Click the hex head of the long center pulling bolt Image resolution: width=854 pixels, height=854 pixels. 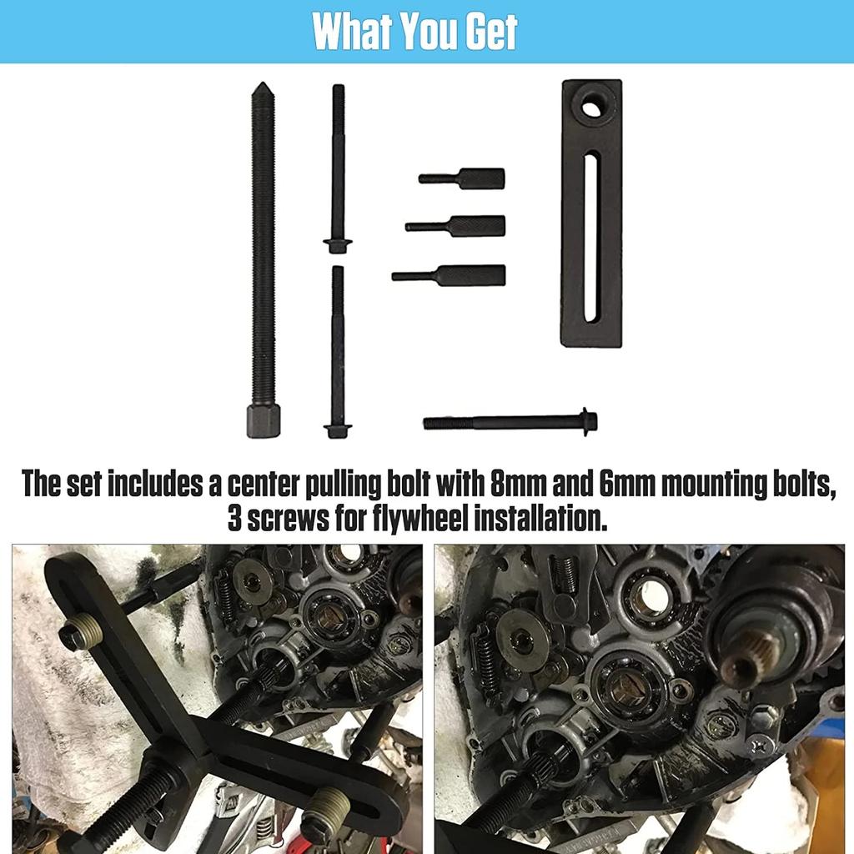[263, 421]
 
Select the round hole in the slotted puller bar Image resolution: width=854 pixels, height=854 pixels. [593, 106]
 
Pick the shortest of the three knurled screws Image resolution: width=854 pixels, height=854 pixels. [463, 178]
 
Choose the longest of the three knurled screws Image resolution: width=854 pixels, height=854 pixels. [450, 275]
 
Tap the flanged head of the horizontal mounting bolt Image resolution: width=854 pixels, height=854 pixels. [589, 421]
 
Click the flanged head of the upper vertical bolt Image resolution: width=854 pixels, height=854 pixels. [338, 245]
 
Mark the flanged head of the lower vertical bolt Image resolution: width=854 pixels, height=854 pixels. [338, 430]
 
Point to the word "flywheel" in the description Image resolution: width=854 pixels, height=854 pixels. [419, 520]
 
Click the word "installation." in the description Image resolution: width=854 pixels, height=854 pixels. [550, 520]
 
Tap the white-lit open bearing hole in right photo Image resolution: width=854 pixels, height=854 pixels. [651, 595]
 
